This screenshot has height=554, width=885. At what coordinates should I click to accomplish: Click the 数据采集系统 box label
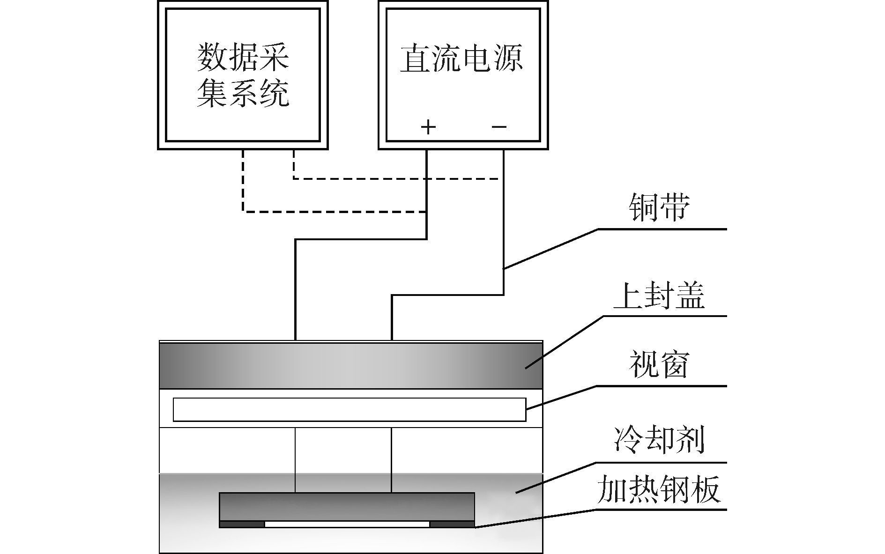click(x=242, y=75)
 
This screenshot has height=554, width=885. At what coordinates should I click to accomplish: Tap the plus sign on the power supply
click(x=428, y=126)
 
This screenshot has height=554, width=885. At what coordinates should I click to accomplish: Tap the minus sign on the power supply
click(x=499, y=126)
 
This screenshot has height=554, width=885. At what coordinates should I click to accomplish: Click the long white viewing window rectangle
click(x=349, y=409)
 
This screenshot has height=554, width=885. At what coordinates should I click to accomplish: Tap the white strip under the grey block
click(x=347, y=524)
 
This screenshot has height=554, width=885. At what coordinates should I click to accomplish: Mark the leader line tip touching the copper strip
click(x=505, y=268)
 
